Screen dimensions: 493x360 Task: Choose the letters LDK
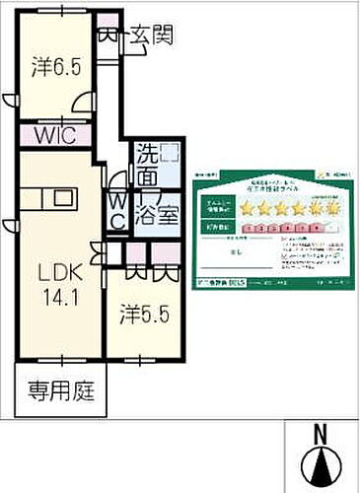click(53, 270)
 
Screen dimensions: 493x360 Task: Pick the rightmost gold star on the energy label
click(333, 209)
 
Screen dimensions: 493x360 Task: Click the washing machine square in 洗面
click(171, 153)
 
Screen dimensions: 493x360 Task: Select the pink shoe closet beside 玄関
click(108, 36)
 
